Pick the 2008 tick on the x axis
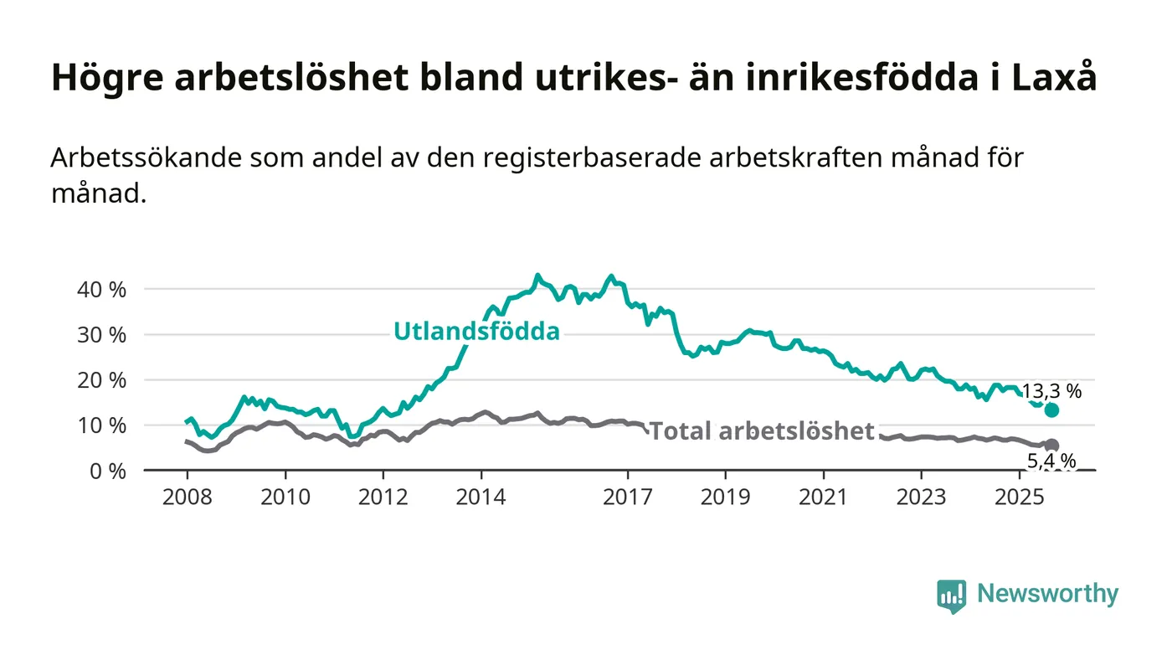[187, 497]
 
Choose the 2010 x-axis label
[285, 497]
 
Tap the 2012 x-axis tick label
[383, 497]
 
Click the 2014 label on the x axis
[481, 497]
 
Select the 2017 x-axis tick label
[628, 497]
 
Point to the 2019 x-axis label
[726, 497]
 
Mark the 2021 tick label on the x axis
[824, 497]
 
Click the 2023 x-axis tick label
[922, 497]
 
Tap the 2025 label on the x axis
[1019, 497]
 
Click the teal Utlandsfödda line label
[476, 332]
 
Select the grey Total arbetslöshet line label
[762, 431]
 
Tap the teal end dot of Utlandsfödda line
[1051, 410]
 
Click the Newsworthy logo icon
[951, 595]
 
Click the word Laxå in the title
[1056, 78]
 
